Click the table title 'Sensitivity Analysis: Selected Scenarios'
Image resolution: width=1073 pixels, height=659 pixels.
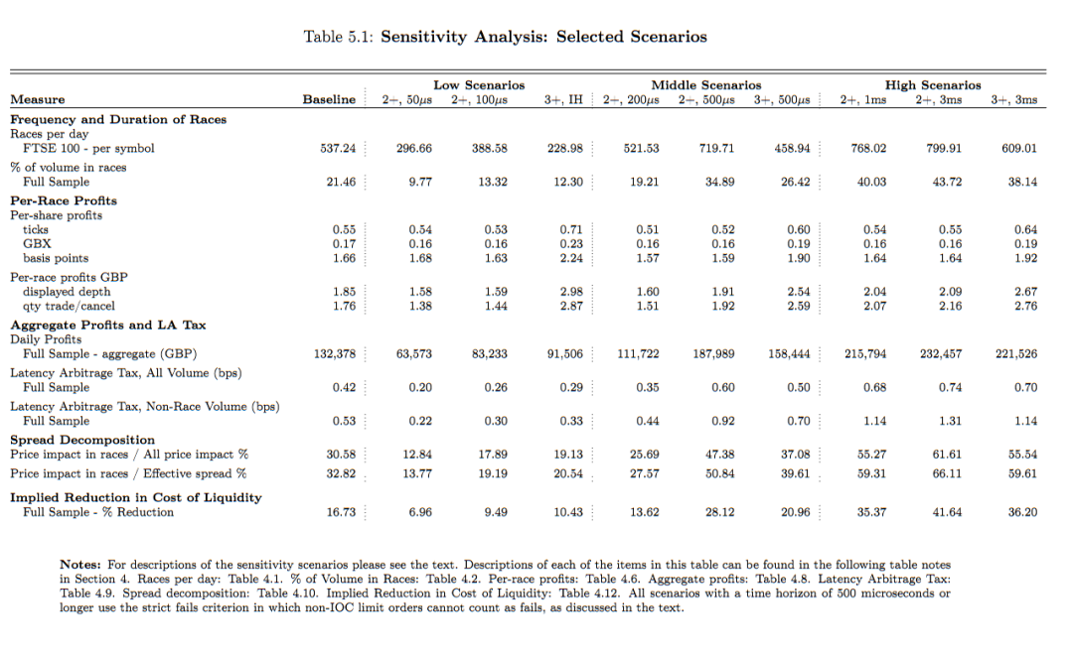543,37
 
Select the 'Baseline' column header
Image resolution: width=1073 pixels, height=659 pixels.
329,99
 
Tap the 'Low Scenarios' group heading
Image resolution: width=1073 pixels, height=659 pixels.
479,85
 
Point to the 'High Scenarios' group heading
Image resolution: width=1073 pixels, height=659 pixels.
933,85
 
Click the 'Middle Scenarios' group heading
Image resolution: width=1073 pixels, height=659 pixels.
705,85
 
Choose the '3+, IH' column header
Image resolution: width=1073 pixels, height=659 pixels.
563,99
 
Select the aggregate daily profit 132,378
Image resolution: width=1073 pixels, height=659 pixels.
334,354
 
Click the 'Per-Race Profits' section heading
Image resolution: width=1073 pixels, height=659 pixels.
64,200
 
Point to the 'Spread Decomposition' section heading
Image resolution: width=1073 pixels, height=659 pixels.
82,440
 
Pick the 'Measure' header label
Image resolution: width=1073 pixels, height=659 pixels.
38,99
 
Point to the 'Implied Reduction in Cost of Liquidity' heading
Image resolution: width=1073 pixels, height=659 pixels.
136,497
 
